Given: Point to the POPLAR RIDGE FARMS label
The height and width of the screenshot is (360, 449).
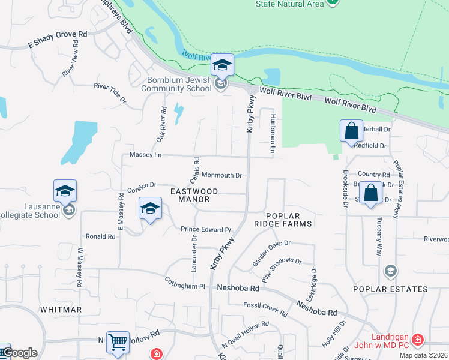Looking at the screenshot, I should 289,220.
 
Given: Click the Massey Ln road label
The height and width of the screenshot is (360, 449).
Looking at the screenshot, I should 142,155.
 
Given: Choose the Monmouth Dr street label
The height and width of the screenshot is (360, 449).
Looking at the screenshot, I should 221,175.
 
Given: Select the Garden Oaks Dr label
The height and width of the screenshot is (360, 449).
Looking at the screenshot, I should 271,253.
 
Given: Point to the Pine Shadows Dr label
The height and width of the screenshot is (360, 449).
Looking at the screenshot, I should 282,269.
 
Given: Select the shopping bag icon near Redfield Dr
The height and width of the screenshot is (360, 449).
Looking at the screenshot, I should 351,131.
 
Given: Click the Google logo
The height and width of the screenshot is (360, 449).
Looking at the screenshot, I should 19,353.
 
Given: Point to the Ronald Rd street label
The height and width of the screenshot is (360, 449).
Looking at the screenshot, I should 100,236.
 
